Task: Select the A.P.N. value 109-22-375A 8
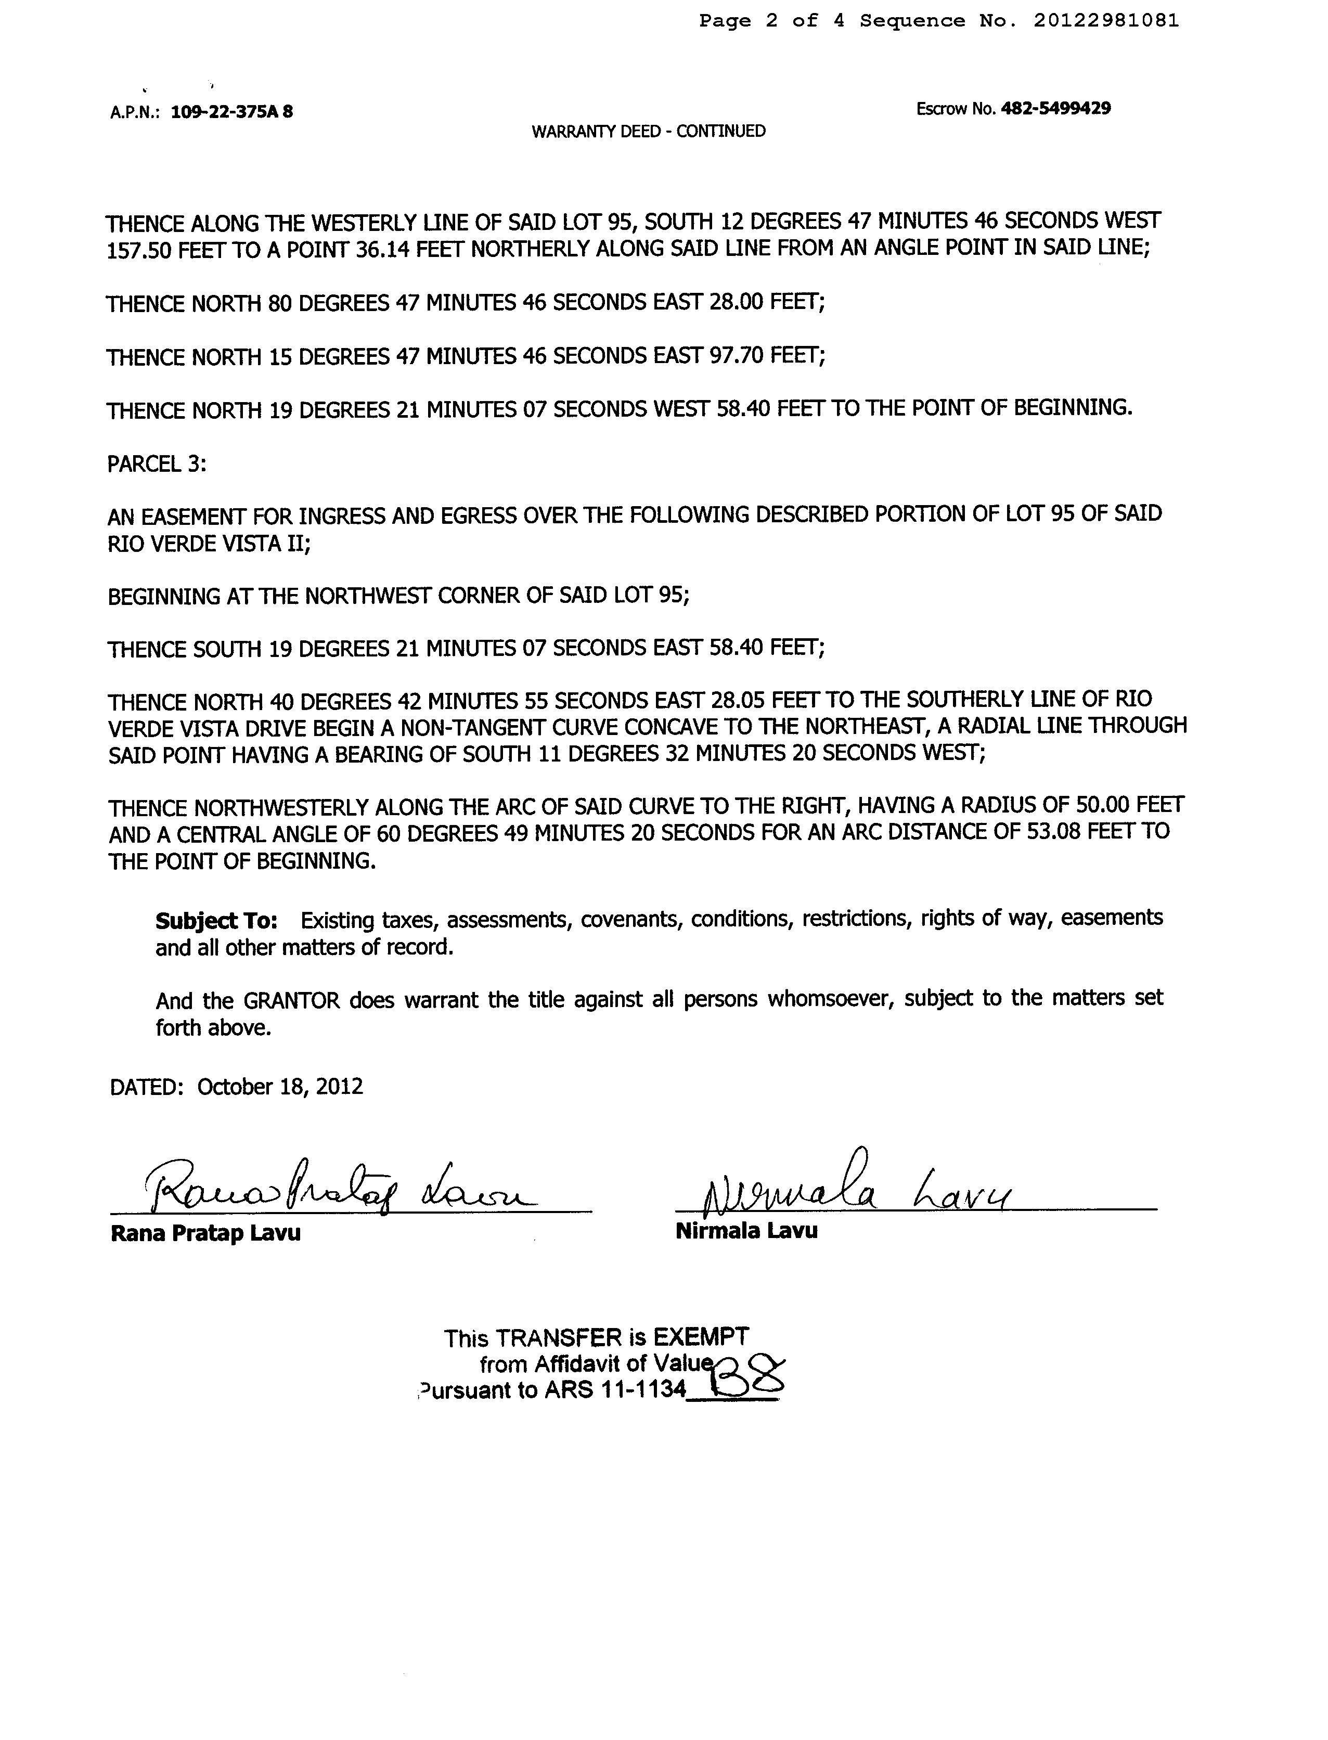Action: coord(231,111)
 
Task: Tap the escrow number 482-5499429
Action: coord(1055,108)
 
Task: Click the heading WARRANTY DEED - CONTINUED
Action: coord(648,131)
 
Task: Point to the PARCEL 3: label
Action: coord(157,463)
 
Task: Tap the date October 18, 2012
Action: coord(280,1086)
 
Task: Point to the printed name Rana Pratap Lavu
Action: coord(205,1233)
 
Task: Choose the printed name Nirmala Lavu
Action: coord(746,1230)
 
